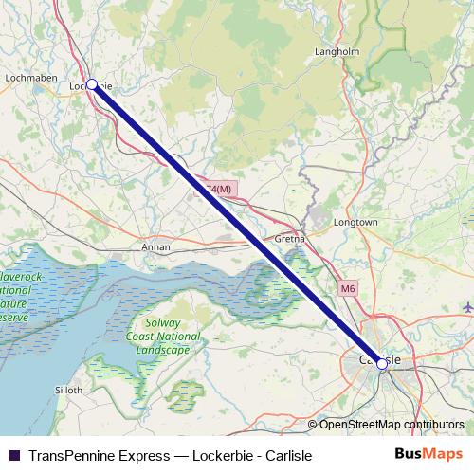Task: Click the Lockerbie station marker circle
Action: [92, 84]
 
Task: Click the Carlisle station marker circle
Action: [382, 363]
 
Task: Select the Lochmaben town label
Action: [32, 77]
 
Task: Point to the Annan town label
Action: [155, 246]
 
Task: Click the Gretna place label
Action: [288, 240]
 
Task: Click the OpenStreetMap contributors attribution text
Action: [391, 424]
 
